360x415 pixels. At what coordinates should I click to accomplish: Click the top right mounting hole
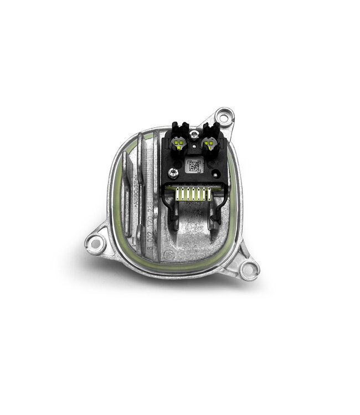point(224,117)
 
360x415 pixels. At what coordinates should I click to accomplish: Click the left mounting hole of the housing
point(95,242)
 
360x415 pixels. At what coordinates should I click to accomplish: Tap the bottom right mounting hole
point(250,269)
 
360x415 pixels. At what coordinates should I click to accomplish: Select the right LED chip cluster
point(210,143)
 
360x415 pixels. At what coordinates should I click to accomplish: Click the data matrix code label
point(193,165)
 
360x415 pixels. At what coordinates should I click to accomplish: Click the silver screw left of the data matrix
point(174,173)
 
